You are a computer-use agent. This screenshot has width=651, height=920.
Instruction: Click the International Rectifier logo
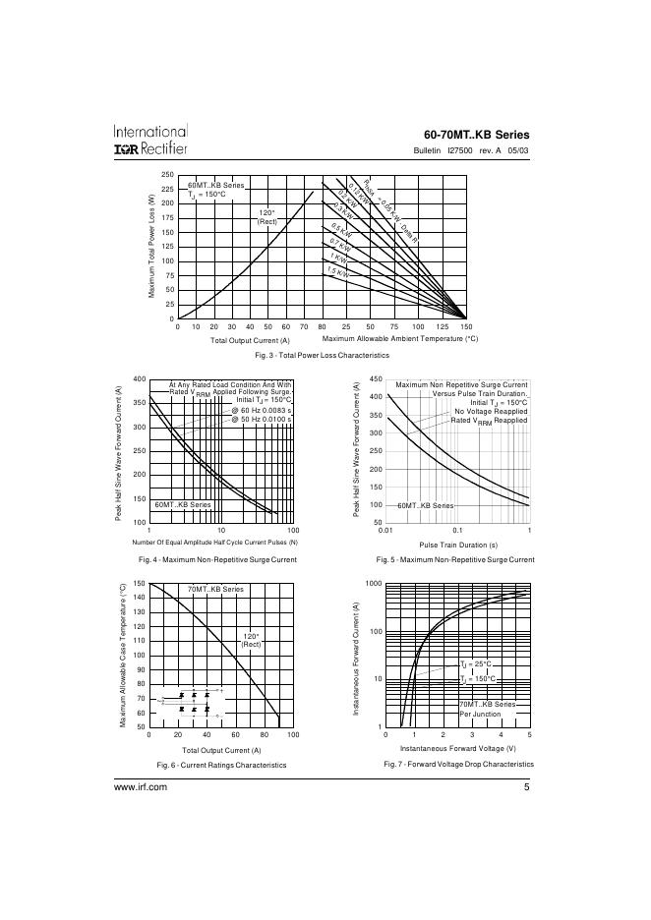tap(149, 139)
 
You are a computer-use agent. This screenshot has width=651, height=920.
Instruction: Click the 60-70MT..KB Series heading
tap(476, 134)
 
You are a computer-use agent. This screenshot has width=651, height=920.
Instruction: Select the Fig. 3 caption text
tap(322, 355)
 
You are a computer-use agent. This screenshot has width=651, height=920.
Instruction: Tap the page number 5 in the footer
tap(526, 787)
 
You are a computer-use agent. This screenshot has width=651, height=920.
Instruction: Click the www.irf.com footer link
tap(142, 788)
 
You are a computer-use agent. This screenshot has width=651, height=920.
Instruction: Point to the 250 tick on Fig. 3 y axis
tap(167, 174)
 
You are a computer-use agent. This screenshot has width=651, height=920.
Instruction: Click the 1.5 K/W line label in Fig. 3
tap(338, 271)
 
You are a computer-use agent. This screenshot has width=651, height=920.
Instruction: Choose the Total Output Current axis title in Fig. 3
tap(250, 340)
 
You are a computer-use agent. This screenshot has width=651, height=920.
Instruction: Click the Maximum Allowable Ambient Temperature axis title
tap(399, 339)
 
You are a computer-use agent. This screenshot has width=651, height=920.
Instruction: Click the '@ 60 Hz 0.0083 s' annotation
tap(262, 409)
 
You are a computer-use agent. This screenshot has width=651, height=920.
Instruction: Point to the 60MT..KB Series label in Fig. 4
tap(183, 504)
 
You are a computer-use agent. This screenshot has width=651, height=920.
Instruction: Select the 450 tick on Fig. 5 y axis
tap(375, 378)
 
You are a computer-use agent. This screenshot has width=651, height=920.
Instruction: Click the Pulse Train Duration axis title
tap(458, 545)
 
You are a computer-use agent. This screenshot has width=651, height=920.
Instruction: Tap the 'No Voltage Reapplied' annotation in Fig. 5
tap(491, 411)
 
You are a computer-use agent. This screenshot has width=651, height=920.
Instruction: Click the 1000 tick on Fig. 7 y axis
tap(373, 584)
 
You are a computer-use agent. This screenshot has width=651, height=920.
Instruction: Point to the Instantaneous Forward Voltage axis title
tap(458, 749)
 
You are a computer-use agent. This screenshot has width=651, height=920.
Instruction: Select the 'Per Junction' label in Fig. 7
tap(480, 714)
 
